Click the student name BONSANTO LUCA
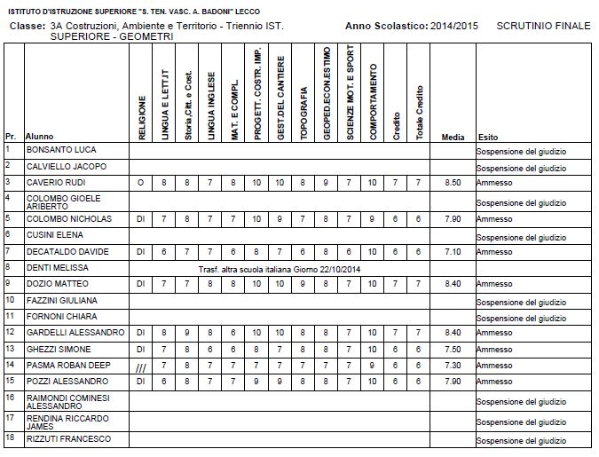click(60, 150)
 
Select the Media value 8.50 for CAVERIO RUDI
click(452, 183)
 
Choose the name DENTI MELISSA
click(57, 267)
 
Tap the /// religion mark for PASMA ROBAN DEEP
click(140, 366)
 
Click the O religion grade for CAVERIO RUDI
click(140, 183)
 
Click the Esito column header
click(488, 138)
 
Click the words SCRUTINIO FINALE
click(543, 27)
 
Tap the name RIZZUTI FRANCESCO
click(68, 438)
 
